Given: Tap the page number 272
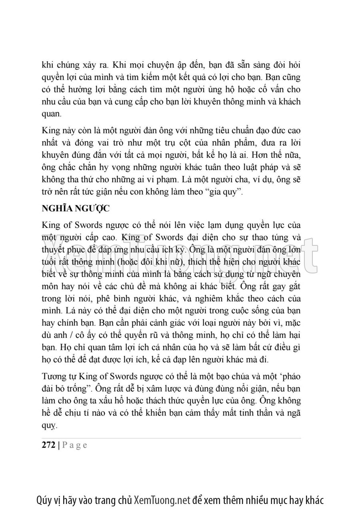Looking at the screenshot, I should tap(49, 445).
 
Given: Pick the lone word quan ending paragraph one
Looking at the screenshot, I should tap(52, 114).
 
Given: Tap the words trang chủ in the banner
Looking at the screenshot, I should tap(115, 500).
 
